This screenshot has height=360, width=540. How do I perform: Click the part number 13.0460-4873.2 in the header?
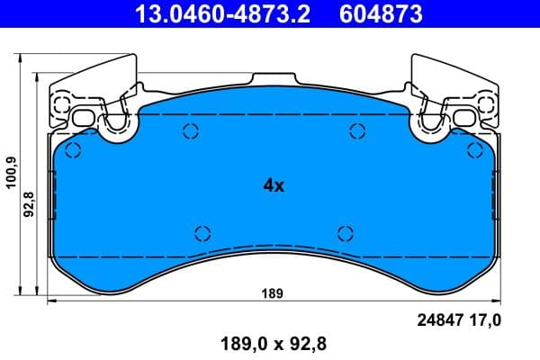[223, 14]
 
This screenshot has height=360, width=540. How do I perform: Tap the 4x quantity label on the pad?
[273, 186]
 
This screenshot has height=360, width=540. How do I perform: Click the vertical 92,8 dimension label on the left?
[31, 206]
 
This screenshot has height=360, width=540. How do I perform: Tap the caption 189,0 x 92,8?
[271, 343]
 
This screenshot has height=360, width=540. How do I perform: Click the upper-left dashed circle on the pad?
[190, 133]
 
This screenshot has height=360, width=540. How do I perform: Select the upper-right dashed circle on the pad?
[354, 133]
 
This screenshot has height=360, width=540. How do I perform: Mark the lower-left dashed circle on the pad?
[202, 233]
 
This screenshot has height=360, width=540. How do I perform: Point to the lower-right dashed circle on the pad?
[344, 233]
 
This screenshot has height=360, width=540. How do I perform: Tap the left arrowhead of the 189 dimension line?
[50, 301]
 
